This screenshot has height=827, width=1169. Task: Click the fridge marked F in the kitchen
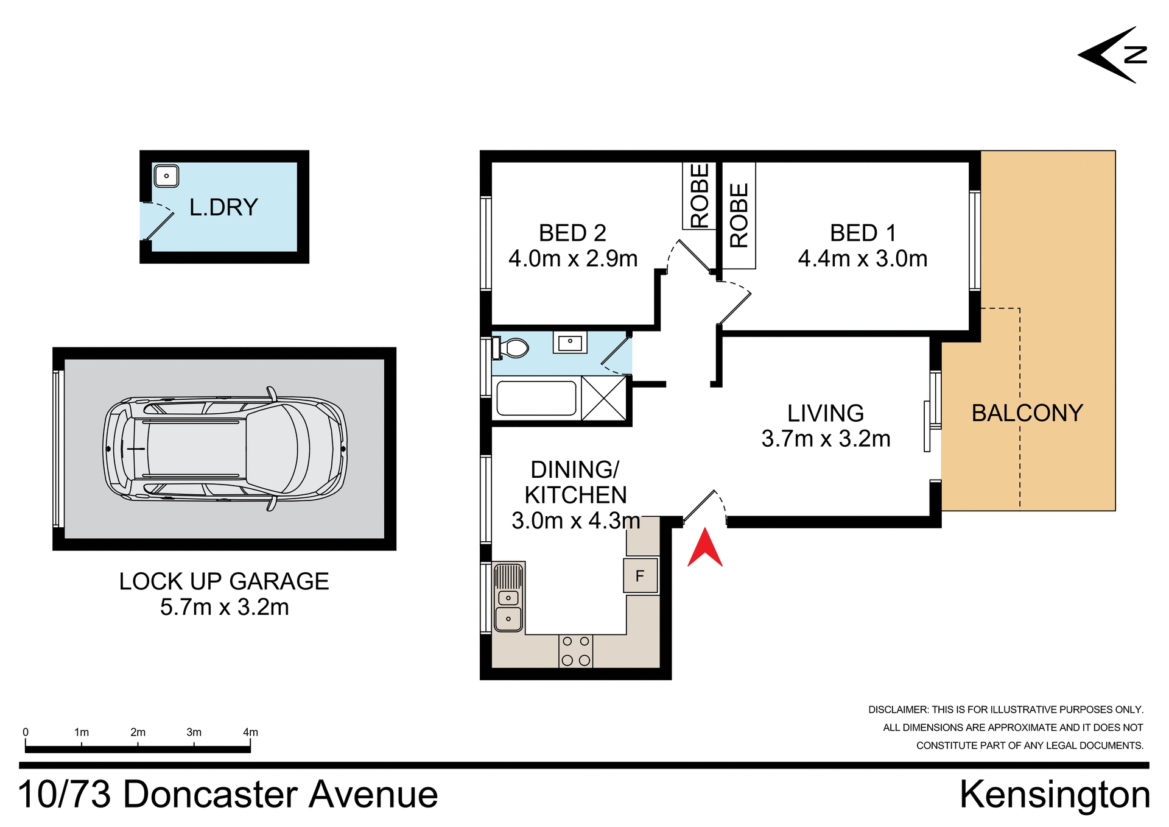pyautogui.click(x=641, y=575)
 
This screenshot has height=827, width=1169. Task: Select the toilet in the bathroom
pyautogui.click(x=511, y=348)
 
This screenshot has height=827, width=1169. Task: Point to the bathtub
pyautogui.click(x=536, y=399)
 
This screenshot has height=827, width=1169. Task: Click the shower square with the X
pyautogui.click(x=604, y=399)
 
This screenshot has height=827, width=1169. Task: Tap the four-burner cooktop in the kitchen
pyautogui.click(x=575, y=651)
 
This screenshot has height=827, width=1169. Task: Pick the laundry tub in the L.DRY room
pyautogui.click(x=166, y=176)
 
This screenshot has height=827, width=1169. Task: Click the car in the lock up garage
pyautogui.click(x=225, y=449)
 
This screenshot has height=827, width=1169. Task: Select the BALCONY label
pyautogui.click(x=1027, y=413)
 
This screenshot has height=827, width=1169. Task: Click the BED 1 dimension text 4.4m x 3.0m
pyautogui.click(x=862, y=259)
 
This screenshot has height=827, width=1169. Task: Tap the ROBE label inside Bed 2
pyautogui.click(x=700, y=196)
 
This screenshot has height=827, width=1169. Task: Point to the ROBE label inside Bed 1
pyautogui.click(x=739, y=216)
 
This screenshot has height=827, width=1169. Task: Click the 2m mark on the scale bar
pyautogui.click(x=138, y=733)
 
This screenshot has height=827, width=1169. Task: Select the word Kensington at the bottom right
pyautogui.click(x=1055, y=795)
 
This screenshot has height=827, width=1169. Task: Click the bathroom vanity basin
pyautogui.click(x=570, y=343)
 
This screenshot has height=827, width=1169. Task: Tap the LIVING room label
pyautogui.click(x=825, y=413)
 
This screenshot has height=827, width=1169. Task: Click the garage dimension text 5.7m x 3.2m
pyautogui.click(x=224, y=607)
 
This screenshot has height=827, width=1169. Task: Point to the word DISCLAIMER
pyautogui.click(x=897, y=709)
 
